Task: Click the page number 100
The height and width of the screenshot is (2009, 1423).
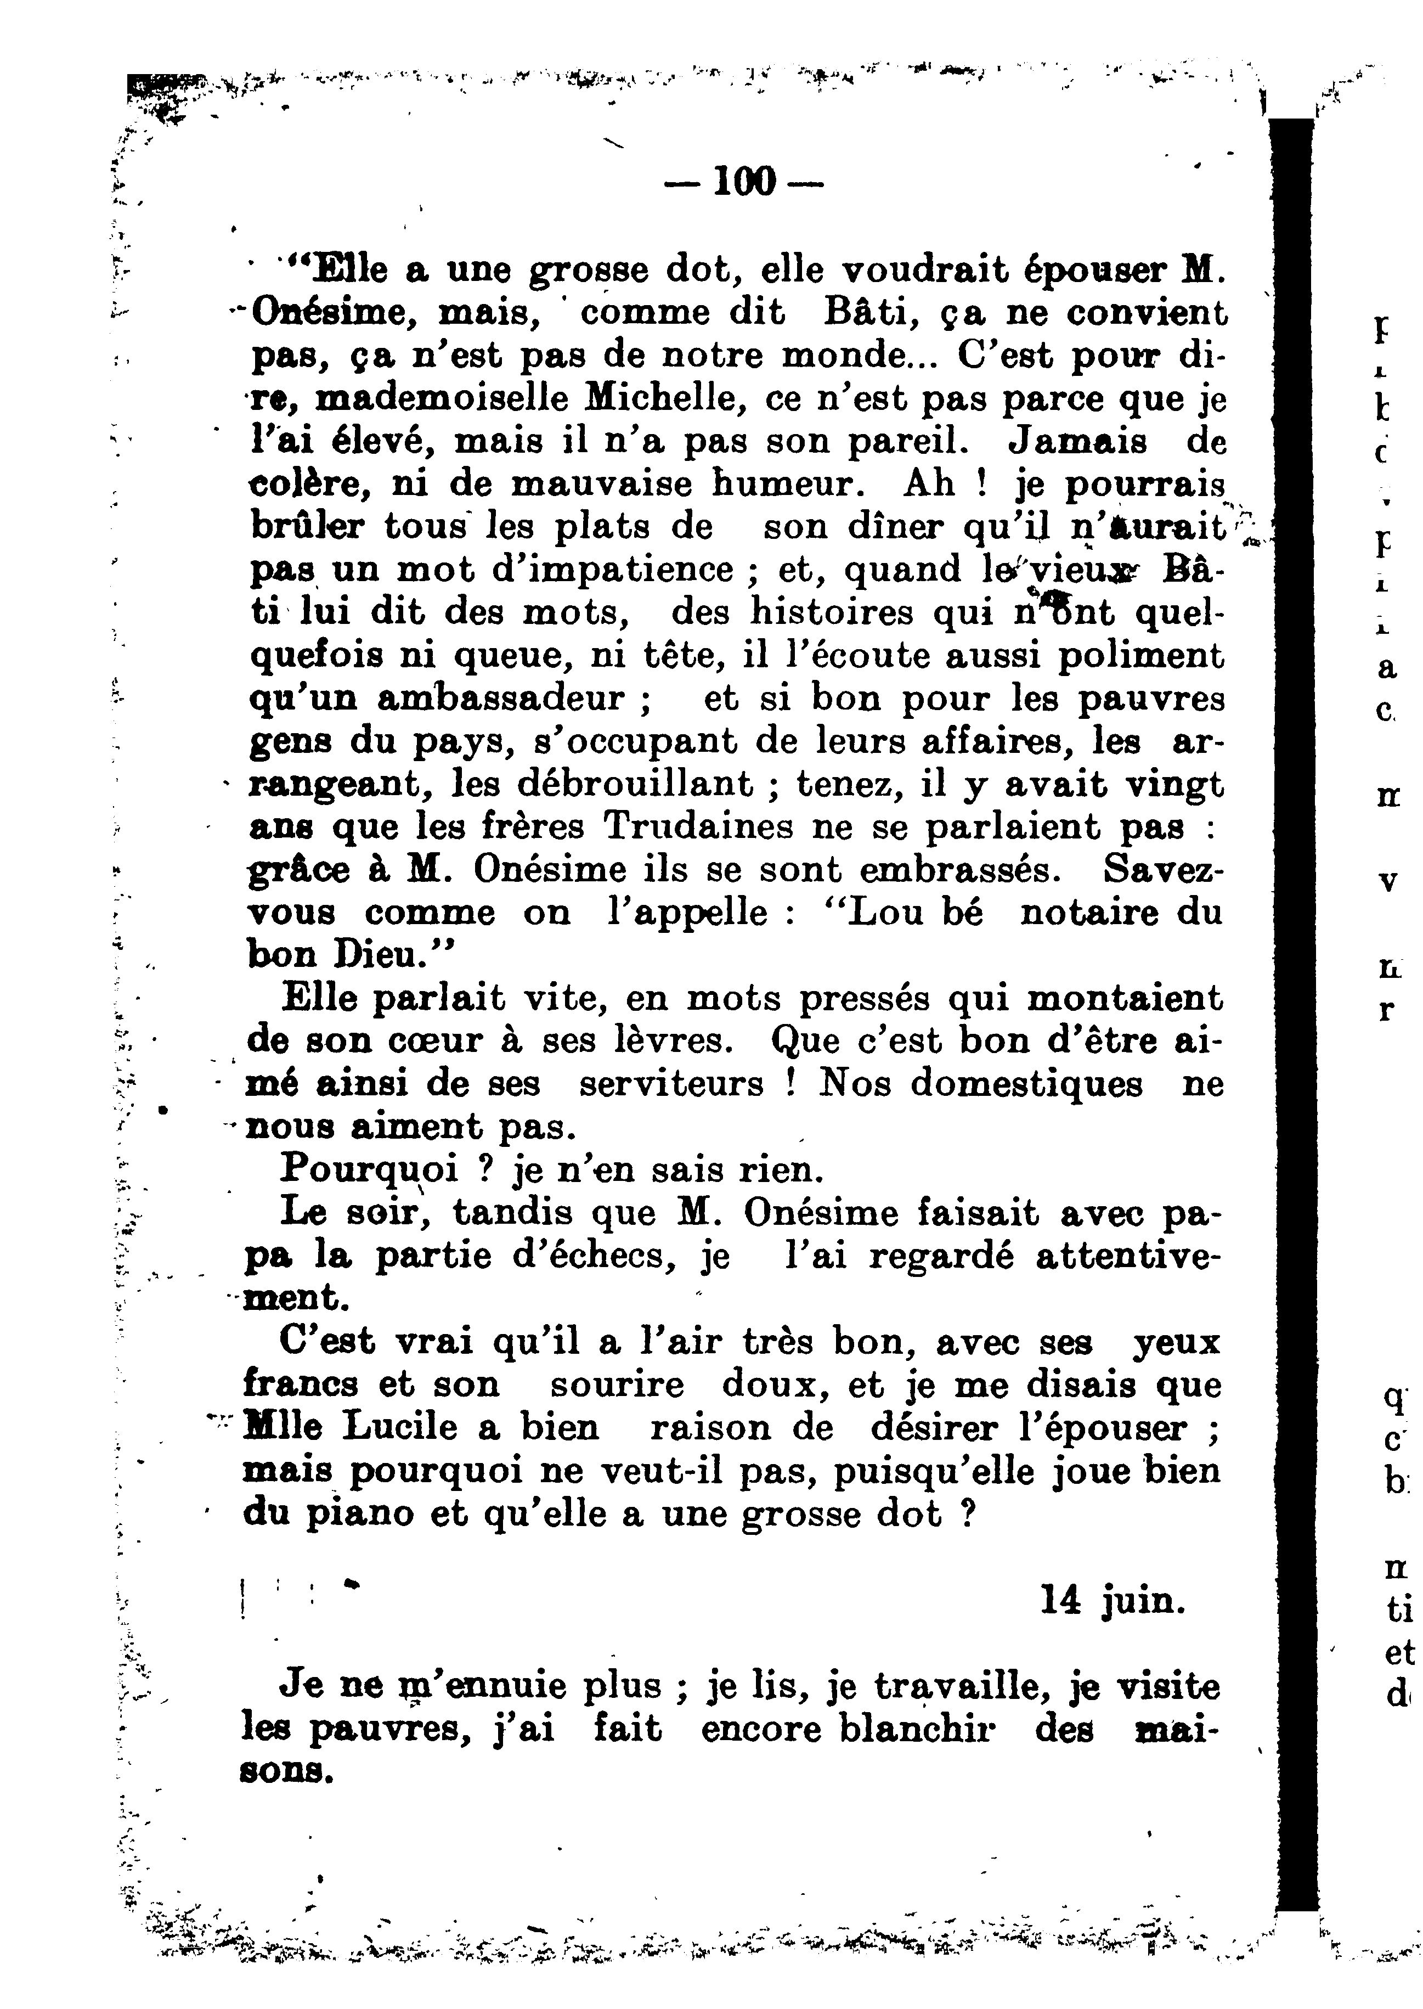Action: click(x=745, y=182)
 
